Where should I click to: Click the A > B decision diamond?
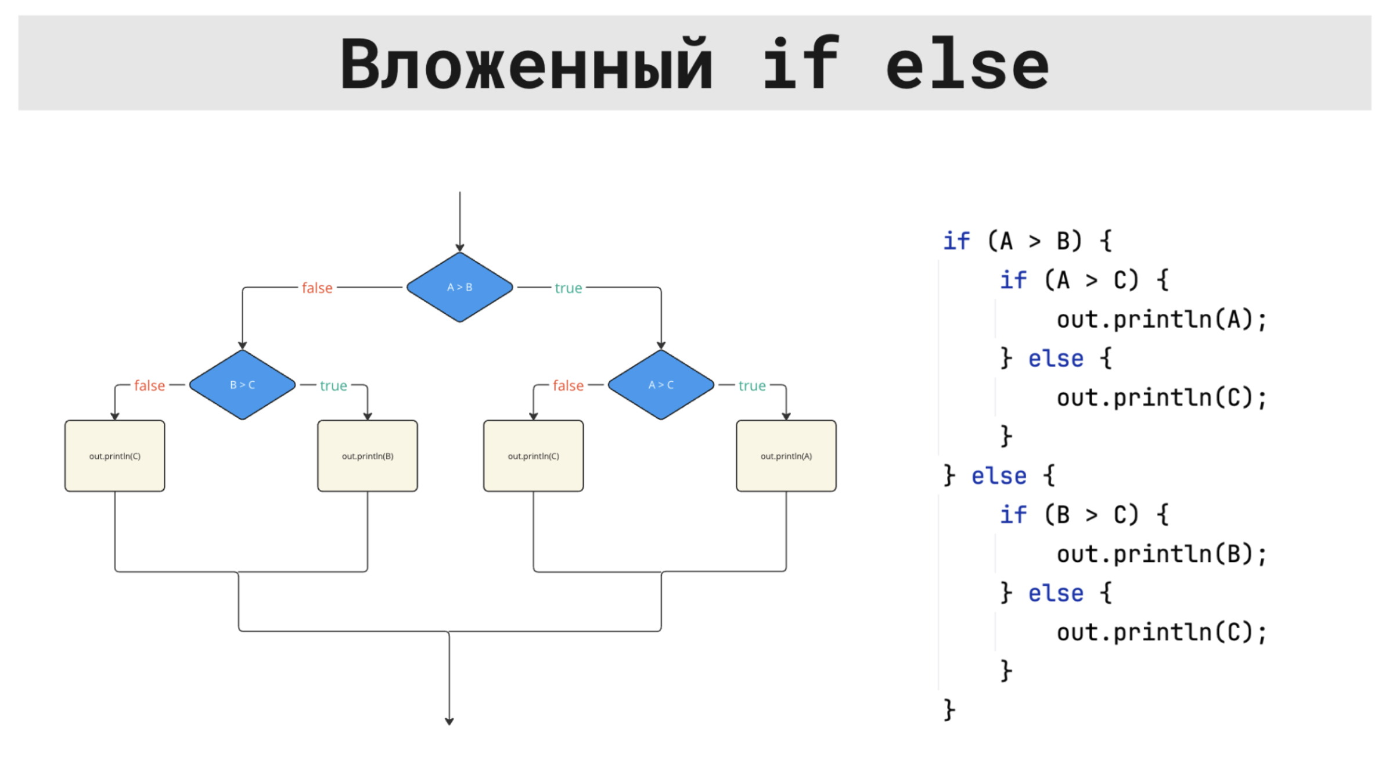459,287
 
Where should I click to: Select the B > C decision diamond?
242,385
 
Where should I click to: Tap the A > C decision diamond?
661,385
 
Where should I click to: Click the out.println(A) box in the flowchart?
786,456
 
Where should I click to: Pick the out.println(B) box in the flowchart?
367,456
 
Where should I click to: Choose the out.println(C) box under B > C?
114,456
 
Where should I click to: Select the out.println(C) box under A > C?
533,456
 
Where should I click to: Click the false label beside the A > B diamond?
317,288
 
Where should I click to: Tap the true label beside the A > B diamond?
568,288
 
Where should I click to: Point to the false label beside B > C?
149,385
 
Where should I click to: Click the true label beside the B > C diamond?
333,385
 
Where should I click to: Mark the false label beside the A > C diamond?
568,385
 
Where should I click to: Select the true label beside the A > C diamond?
752,385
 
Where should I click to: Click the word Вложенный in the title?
526,64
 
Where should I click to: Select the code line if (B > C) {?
1084,515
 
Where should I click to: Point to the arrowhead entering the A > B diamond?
459,248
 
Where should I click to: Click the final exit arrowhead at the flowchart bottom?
449,721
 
